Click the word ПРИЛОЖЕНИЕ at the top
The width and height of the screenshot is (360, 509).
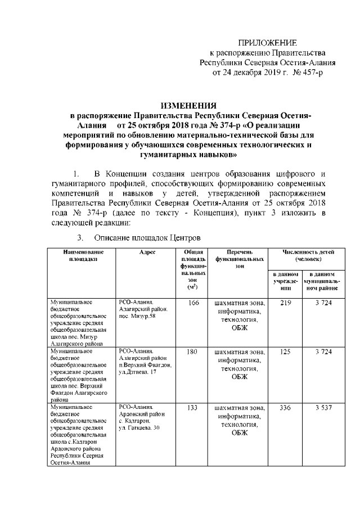pyautogui.click(x=268, y=43)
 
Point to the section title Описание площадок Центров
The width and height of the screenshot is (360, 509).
pyautogui.click(x=147, y=237)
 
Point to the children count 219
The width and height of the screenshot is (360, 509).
pyautogui.click(x=285, y=303)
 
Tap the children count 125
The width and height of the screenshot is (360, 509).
pyautogui.click(x=285, y=352)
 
